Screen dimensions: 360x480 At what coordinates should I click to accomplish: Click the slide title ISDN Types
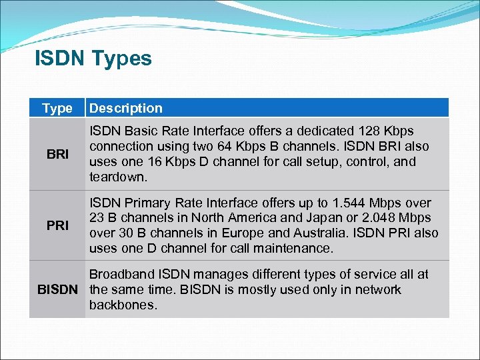[x=93, y=59]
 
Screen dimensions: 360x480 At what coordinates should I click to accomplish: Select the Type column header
[x=57, y=108]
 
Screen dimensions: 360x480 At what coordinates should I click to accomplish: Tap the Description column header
[x=126, y=108]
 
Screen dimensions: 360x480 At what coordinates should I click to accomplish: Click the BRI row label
[x=57, y=154]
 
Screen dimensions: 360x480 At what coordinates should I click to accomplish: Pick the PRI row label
[x=57, y=225]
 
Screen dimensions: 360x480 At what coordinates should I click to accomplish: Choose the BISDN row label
[x=57, y=289]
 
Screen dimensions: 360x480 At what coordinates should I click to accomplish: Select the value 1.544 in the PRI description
[x=363, y=203]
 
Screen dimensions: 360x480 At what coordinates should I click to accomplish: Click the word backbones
[x=123, y=305]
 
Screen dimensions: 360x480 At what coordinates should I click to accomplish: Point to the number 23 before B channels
[x=97, y=218]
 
